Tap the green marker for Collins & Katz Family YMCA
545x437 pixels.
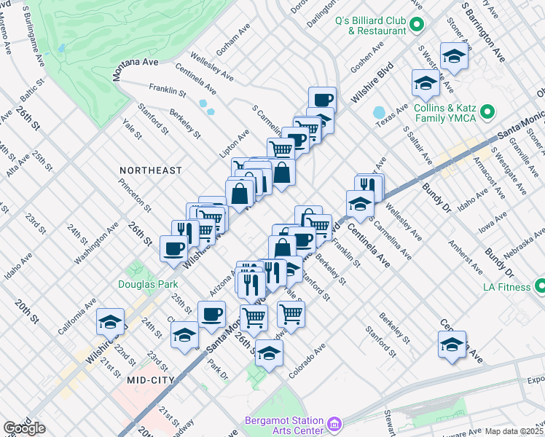pyautogui.click(x=487, y=113)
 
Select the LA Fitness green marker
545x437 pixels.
pyautogui.click(x=538, y=286)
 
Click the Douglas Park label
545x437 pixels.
pyautogui.click(x=140, y=284)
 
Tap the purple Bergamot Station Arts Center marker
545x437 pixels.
pyautogui.click(x=334, y=423)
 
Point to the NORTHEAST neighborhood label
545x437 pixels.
pyautogui.click(x=151, y=170)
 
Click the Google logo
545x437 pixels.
pyautogui.click(x=24, y=428)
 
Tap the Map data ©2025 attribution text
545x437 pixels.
pyautogui.click(x=514, y=431)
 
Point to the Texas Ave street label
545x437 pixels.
pyautogui.click(x=397, y=113)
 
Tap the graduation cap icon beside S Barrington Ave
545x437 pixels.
pyautogui.click(x=454, y=56)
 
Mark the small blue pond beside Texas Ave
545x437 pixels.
pyautogui.click(x=379, y=113)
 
